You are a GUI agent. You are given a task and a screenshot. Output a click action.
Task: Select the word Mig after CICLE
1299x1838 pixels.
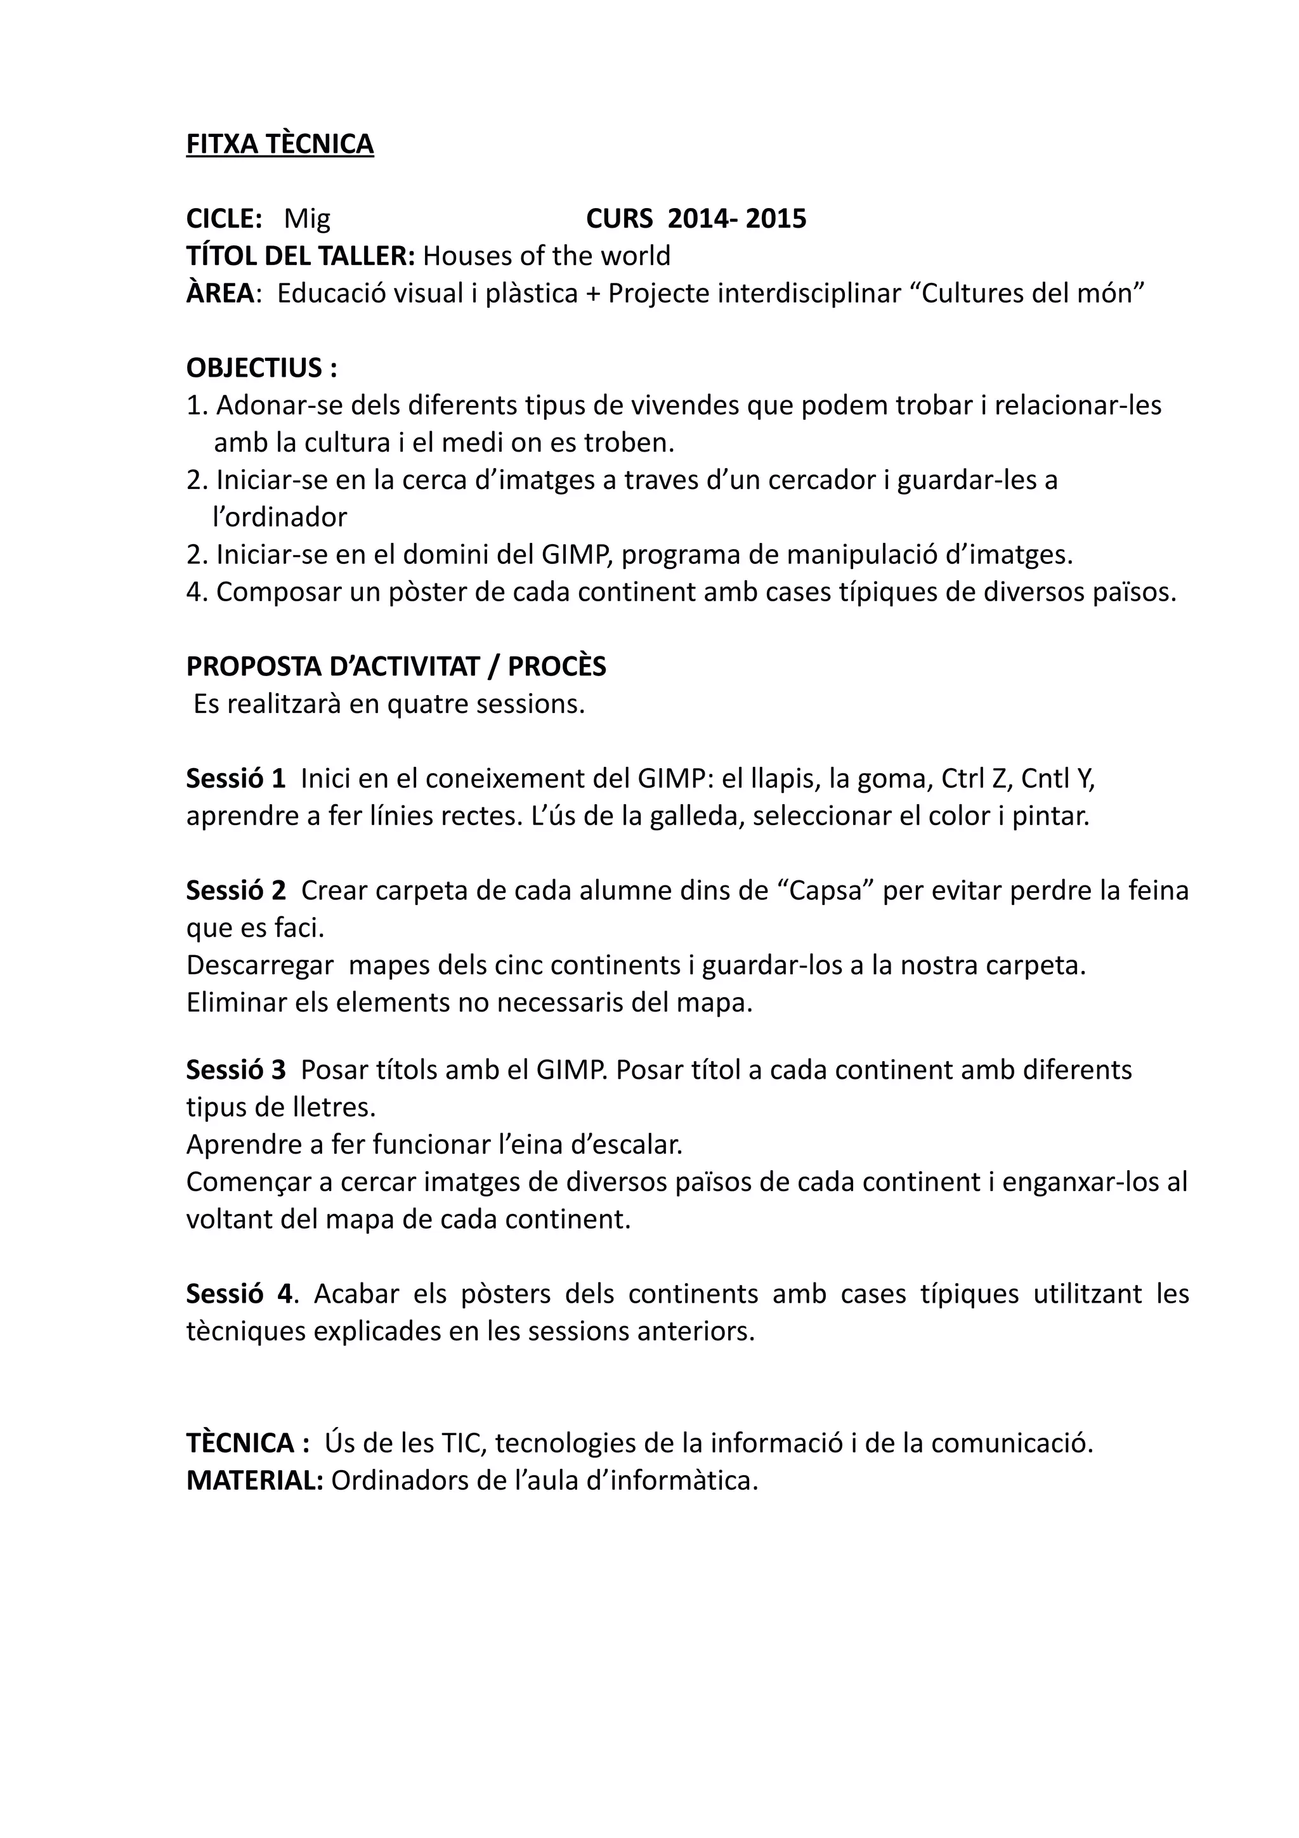pos(308,219)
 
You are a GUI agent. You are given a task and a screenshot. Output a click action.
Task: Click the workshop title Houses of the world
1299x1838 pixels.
pos(546,256)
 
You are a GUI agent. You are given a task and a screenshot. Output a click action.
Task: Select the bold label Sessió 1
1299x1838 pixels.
pos(235,779)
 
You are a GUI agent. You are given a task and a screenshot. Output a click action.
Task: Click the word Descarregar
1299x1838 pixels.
pos(259,966)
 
